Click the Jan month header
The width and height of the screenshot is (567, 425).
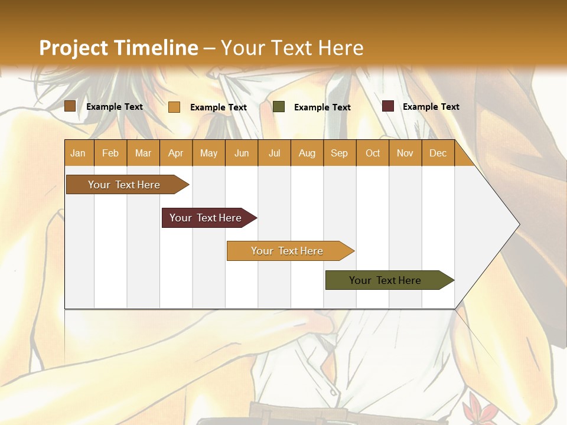(x=78, y=153)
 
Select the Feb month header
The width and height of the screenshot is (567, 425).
(x=110, y=153)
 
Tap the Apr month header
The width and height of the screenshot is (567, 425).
(x=175, y=153)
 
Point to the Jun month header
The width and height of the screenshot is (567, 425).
(x=242, y=153)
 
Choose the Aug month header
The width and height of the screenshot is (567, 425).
(x=307, y=153)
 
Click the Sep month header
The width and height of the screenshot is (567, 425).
(x=339, y=153)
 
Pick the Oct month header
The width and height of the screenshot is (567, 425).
(x=373, y=153)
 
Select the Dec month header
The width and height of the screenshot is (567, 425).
(x=438, y=153)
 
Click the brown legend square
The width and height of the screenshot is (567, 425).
(x=70, y=106)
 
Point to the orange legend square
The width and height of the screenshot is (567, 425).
(x=174, y=107)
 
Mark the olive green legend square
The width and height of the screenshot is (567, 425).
(x=279, y=107)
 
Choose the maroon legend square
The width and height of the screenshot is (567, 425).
(x=387, y=106)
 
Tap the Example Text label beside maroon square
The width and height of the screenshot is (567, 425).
(x=431, y=107)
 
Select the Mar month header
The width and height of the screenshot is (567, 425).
(x=143, y=153)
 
